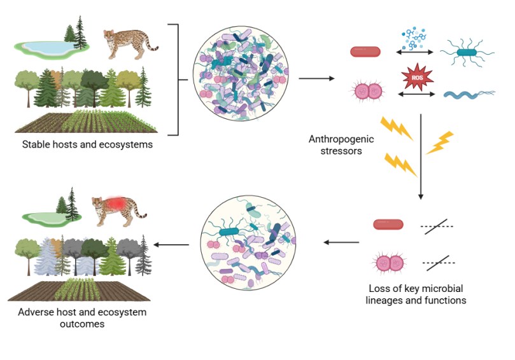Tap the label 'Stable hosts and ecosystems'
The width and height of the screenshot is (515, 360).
click(85, 144)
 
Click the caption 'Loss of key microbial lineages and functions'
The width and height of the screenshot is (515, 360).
click(416, 294)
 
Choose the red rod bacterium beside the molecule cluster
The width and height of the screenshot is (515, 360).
click(365, 52)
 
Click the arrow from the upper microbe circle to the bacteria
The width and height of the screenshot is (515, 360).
click(316, 79)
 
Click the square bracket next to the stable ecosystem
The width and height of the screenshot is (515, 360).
click(175, 80)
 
